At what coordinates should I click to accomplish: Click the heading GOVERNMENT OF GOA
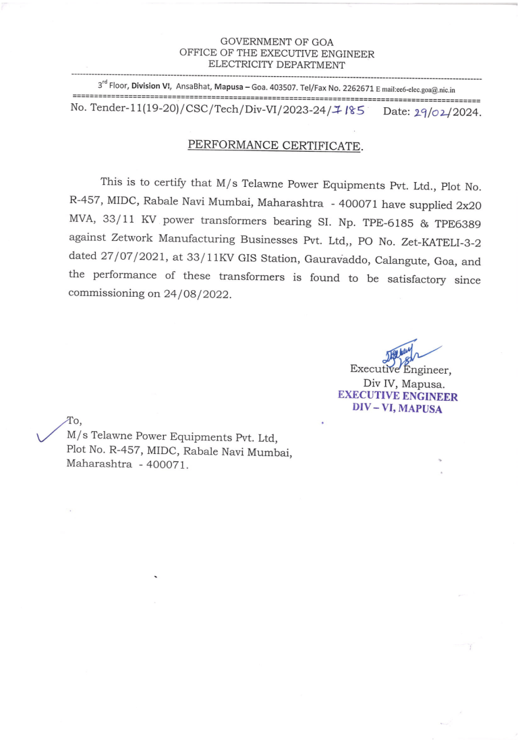coord(277,42)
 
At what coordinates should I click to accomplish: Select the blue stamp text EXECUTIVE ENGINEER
coord(398,397)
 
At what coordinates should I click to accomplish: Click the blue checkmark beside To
coord(53,431)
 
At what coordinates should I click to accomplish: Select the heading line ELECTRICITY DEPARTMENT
coord(277,65)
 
